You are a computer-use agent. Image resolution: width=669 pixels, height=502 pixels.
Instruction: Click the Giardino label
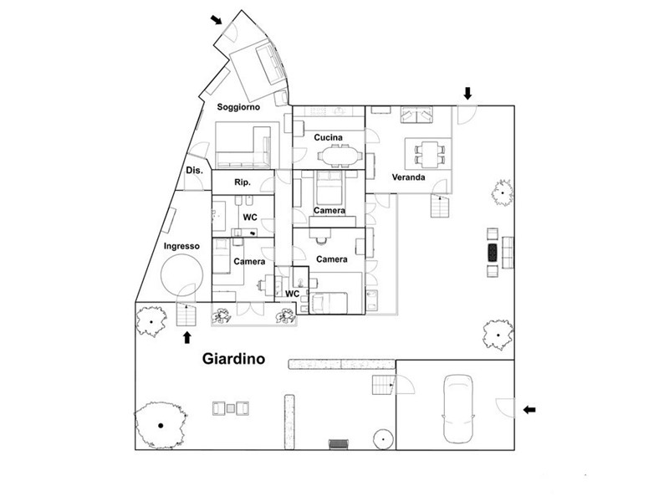coord(233,359)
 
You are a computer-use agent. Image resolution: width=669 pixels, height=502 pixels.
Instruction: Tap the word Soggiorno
coord(238,107)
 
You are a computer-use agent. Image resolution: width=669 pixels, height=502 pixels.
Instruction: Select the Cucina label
coord(328,137)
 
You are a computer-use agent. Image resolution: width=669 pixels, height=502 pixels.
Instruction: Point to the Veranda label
coord(408,177)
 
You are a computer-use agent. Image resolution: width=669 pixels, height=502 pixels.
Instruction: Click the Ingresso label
coord(181,246)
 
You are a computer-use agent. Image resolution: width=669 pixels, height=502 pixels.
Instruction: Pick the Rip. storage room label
coord(242,182)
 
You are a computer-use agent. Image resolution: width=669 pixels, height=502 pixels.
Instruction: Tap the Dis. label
coord(194,171)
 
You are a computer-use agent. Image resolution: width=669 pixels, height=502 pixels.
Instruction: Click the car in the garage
coord(458,408)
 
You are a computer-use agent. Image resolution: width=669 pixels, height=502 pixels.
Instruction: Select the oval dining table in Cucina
coord(340,156)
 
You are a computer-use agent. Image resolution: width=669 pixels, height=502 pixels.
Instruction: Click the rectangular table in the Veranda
coord(429,154)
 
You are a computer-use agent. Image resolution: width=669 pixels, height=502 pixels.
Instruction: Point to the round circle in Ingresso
coord(181,275)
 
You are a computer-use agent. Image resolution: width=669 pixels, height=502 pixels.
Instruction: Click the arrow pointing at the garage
coord(529,410)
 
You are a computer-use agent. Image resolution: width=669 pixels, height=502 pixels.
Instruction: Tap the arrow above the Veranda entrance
coord(468,93)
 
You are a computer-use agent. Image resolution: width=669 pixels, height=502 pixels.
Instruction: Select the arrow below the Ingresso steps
coord(186,338)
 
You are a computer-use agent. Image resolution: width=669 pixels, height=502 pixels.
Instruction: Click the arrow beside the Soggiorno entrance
coord(217,19)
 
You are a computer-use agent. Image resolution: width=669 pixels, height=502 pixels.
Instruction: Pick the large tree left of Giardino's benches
coord(161,425)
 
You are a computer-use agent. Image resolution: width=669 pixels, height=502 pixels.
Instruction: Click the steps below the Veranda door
coord(440,206)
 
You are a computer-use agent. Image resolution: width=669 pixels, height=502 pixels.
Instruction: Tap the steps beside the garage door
coord(383,385)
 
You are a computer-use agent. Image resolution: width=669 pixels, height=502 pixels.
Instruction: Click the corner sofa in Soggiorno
coord(243,147)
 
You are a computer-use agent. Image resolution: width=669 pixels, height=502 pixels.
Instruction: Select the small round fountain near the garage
coord(383,438)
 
